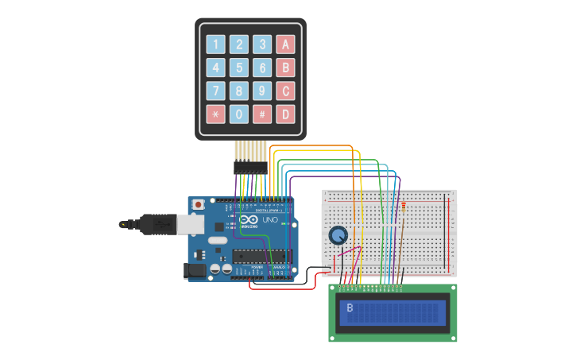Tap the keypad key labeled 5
tap(239, 68)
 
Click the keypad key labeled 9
tap(262, 91)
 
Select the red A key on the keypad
tap(285, 45)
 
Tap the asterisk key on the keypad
tap(215, 114)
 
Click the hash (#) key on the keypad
tap(262, 114)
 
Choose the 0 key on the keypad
tap(239, 114)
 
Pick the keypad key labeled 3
tap(262, 45)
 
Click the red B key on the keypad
tap(285, 68)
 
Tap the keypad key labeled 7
tap(215, 91)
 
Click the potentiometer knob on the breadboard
tap(338, 235)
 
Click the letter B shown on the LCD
tap(350, 308)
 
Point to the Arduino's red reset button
tap(198, 205)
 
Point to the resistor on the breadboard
tap(403, 210)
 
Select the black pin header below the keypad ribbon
tap(250, 168)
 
